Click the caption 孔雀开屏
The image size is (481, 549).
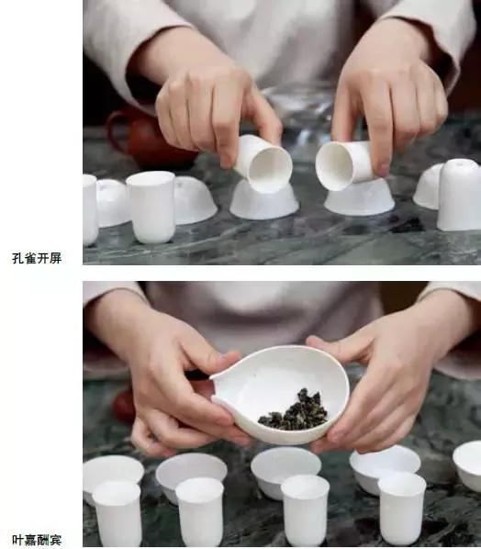tap(37, 258)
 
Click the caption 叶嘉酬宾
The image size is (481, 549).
tap(37, 540)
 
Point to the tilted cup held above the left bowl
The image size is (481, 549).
tap(263, 162)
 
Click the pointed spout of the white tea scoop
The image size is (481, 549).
tap(218, 374)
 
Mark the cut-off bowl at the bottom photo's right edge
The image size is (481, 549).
tap(467, 464)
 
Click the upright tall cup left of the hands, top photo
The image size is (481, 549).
tap(151, 207)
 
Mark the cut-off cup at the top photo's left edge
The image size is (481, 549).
tap(89, 209)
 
